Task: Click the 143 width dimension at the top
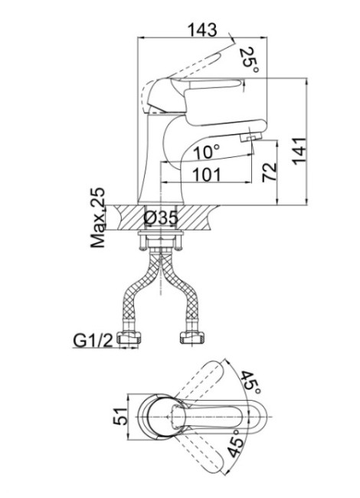point(202,30)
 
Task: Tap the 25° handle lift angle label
point(249,60)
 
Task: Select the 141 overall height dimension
point(299,152)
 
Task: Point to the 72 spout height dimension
point(269,172)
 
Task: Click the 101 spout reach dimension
point(207,175)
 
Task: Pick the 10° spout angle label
point(206,152)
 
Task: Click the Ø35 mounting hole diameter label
point(161,218)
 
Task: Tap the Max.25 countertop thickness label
point(98,218)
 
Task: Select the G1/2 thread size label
point(93,341)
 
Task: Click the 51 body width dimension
point(120,416)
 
